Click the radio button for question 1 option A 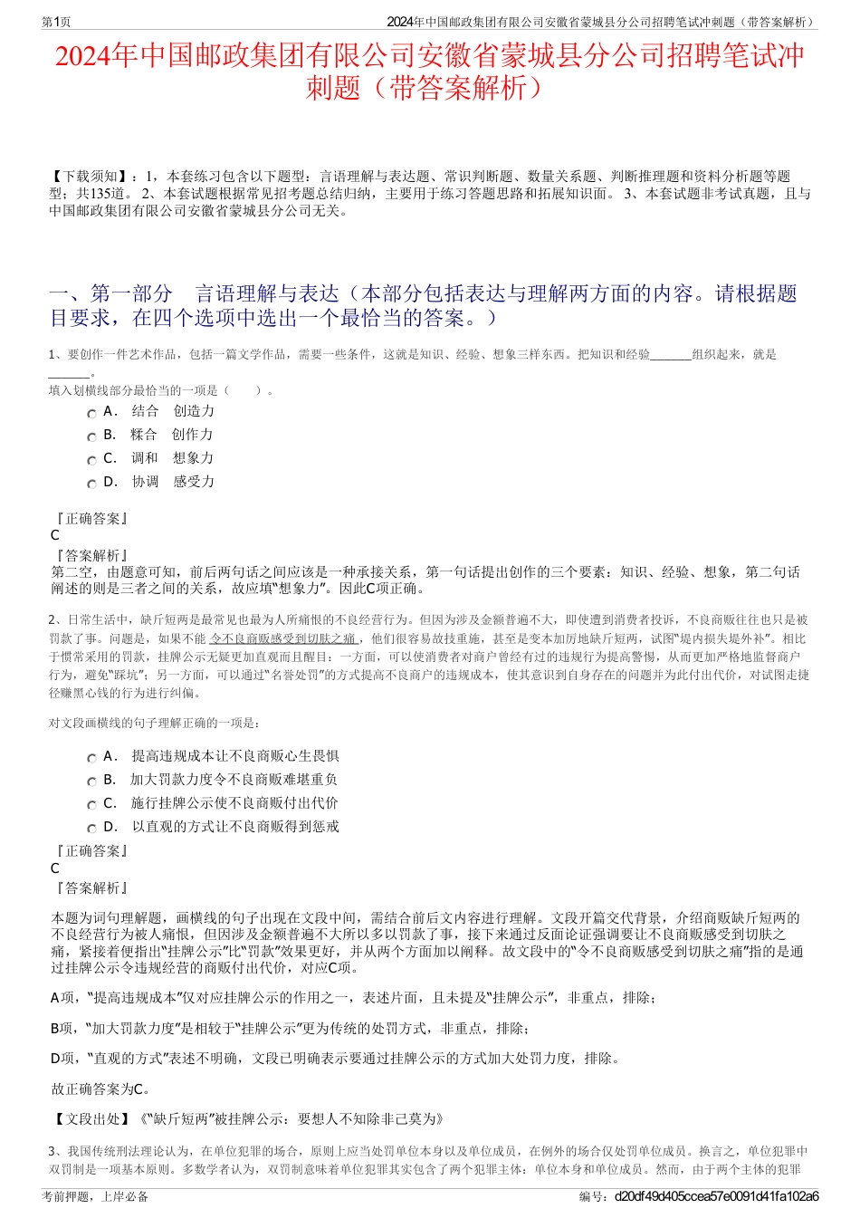91,413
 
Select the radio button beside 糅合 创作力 91,436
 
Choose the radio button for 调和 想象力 91,460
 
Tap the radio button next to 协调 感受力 91,484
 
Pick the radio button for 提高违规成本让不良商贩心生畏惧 91,758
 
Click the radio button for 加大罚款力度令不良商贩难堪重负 91,782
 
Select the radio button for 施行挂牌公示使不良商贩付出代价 91,805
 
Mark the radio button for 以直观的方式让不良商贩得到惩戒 91,829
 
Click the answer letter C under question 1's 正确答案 55,535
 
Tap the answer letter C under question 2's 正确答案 55,868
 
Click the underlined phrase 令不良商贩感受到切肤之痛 282,638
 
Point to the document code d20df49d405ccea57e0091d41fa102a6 716,1196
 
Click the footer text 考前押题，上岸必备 95,1196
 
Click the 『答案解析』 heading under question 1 91,555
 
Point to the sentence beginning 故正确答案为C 101,1089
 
